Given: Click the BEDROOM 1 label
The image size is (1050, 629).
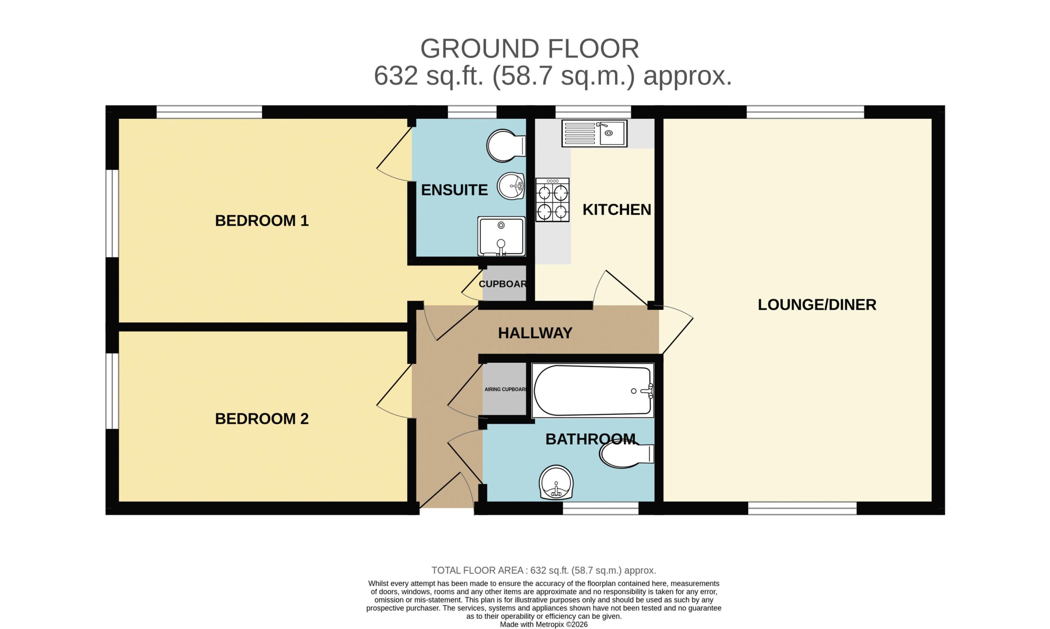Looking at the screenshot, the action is [262, 221].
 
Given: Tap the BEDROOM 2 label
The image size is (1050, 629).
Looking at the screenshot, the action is [262, 419].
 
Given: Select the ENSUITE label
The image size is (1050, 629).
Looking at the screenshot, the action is [454, 190].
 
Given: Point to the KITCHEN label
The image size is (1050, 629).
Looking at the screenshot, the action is [616, 210].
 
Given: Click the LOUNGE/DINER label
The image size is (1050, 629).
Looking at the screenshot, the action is [817, 305].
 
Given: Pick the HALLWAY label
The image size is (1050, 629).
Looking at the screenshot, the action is [535, 333].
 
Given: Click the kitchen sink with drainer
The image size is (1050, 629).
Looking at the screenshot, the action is [594, 134].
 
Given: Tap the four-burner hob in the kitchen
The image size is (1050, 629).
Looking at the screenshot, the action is [552, 200].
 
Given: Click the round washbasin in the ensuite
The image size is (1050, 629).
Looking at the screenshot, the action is [511, 186].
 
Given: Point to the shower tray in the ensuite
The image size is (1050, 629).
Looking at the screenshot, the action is [502, 236].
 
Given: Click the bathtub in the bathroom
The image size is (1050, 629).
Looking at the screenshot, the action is [593, 390].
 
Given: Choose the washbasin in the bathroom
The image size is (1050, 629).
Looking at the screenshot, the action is [556, 482].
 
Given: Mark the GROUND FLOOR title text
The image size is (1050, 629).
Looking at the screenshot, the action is [530, 49].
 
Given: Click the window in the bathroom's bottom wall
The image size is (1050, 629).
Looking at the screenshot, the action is [600, 508].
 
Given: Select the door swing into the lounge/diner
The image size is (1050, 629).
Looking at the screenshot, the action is [676, 329].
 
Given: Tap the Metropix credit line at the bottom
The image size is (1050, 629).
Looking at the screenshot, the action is [544, 624].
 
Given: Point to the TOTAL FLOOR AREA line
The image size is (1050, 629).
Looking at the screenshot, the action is [544, 570].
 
